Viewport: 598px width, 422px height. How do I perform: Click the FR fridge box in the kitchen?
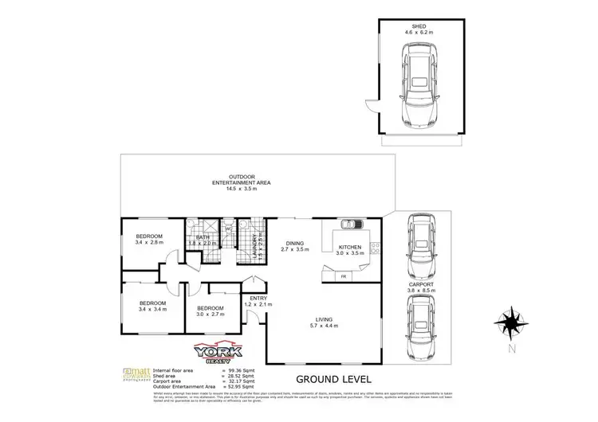point(344,275)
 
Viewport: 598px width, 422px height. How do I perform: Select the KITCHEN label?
point(350,248)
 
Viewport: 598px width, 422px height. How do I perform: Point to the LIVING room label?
point(323,318)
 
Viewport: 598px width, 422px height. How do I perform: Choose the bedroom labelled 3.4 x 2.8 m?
point(149,236)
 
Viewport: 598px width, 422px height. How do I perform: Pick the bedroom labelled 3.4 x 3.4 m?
point(152,303)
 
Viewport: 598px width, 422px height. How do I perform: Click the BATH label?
point(203,236)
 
